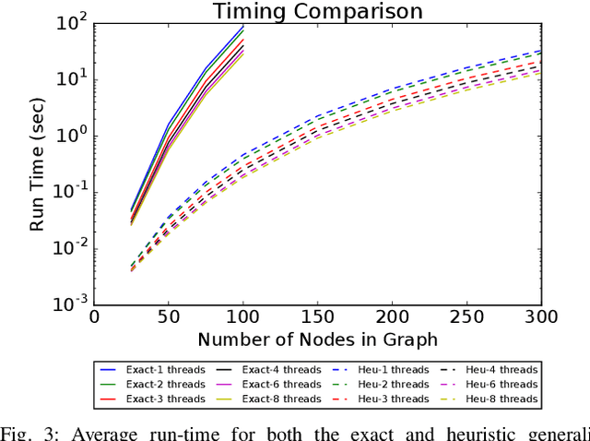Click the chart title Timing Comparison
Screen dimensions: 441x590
317,12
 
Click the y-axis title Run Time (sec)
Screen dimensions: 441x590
39,162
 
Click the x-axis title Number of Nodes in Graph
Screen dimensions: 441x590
317,339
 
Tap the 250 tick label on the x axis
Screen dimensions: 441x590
466,315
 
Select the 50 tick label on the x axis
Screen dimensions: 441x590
168,315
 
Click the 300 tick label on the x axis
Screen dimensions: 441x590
541,315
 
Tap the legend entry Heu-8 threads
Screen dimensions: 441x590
498,398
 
